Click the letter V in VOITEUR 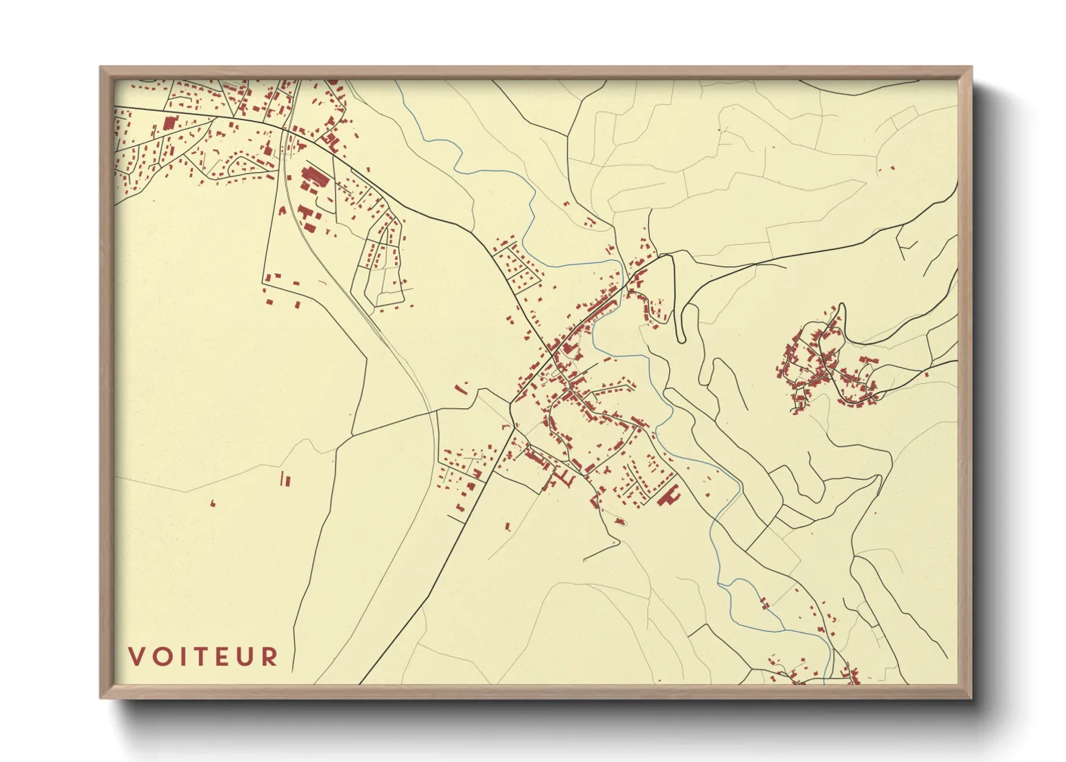(x=136, y=657)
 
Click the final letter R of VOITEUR (x=270, y=657)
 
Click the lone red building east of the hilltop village (x=926, y=374)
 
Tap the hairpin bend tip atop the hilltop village (x=841, y=305)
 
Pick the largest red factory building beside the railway (x=314, y=175)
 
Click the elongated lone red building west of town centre (x=461, y=389)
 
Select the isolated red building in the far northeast (x=893, y=169)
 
